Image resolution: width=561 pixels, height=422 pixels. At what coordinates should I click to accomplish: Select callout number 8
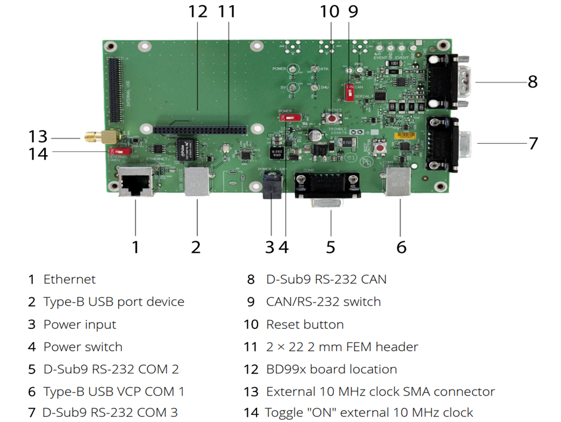pos(532,82)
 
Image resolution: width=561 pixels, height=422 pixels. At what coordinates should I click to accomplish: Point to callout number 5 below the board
pos(330,247)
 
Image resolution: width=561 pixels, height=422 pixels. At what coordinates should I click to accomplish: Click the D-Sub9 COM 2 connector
pos(328,187)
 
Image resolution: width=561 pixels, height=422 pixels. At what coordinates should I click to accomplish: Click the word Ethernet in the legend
pos(69,279)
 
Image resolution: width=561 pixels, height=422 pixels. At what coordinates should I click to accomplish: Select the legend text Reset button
pos(305,324)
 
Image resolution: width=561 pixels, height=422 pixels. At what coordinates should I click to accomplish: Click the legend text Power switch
pos(82,347)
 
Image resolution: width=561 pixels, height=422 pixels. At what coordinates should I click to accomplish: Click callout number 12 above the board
pos(198,12)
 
